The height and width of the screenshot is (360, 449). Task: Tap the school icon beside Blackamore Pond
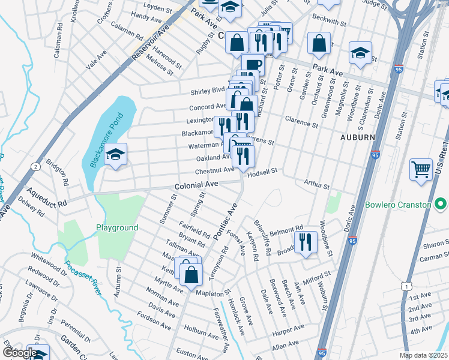pyautogui.click(x=115, y=155)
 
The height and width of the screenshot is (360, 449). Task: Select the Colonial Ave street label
pyautogui.click(x=196, y=187)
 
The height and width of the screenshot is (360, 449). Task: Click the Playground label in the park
pyautogui.click(x=118, y=227)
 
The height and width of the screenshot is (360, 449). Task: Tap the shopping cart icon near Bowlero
pyautogui.click(x=421, y=169)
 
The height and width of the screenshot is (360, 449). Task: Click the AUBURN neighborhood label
pyautogui.click(x=358, y=137)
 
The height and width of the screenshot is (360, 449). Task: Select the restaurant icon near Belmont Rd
pyautogui.click(x=306, y=242)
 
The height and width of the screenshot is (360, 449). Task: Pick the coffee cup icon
pyautogui.click(x=253, y=64)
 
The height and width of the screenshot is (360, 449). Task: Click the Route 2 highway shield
pyautogui.click(x=36, y=166)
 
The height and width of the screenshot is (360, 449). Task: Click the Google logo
pyautogui.click(x=19, y=353)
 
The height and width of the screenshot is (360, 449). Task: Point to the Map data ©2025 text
pyautogui.click(x=423, y=355)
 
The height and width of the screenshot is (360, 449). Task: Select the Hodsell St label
pyautogui.click(x=262, y=170)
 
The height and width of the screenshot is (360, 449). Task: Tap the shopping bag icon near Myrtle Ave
pyautogui.click(x=191, y=274)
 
